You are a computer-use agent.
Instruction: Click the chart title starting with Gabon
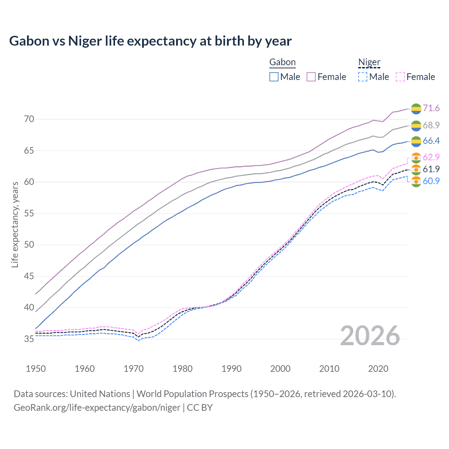coord(150,41)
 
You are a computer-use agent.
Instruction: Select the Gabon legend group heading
coord(282,62)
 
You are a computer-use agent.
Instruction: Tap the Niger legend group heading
coord(369,62)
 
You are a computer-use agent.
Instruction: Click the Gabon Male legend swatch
coord(274,77)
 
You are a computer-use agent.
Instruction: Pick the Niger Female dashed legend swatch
coord(400,77)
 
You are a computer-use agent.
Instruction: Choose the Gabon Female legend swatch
coord(311,77)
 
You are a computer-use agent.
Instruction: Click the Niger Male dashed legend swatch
coord(363,77)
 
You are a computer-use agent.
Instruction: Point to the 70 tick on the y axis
coord(29,119)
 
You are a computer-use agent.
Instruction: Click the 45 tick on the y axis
coord(29,276)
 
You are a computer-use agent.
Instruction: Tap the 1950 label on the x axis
coord(36,369)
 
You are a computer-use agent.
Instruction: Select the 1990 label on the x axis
coord(232,369)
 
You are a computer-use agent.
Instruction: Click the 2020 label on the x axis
coord(378,369)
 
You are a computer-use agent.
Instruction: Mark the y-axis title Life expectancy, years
coord(15,224)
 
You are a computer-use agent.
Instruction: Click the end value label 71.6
coord(431,108)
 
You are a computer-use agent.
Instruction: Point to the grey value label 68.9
coord(431,125)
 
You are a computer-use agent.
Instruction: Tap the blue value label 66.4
coord(431,141)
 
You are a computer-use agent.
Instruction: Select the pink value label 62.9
coord(431,157)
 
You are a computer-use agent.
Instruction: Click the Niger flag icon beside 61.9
coord(416,169)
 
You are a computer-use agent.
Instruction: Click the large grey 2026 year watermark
coord(370,336)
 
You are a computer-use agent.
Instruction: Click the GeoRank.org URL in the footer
coord(97,408)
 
